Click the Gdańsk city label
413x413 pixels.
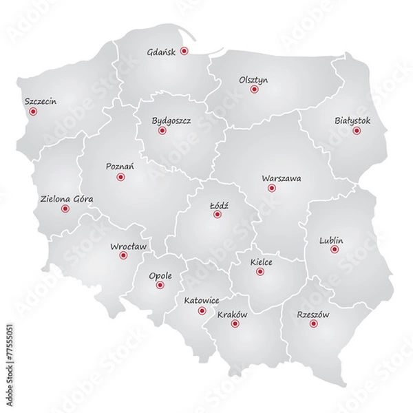162,52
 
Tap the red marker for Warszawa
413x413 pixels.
271,187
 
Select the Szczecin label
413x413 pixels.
40,101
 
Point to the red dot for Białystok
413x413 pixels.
357,130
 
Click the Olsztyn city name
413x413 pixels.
253,80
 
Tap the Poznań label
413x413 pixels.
120,167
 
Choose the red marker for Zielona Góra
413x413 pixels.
65,209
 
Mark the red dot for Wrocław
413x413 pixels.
123,255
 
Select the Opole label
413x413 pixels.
160,277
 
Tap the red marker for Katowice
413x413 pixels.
202,311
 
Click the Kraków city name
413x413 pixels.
232,315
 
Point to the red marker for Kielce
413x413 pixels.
260,272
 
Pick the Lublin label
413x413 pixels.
331,240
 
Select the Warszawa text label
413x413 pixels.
281,178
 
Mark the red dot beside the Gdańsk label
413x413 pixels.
184,52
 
